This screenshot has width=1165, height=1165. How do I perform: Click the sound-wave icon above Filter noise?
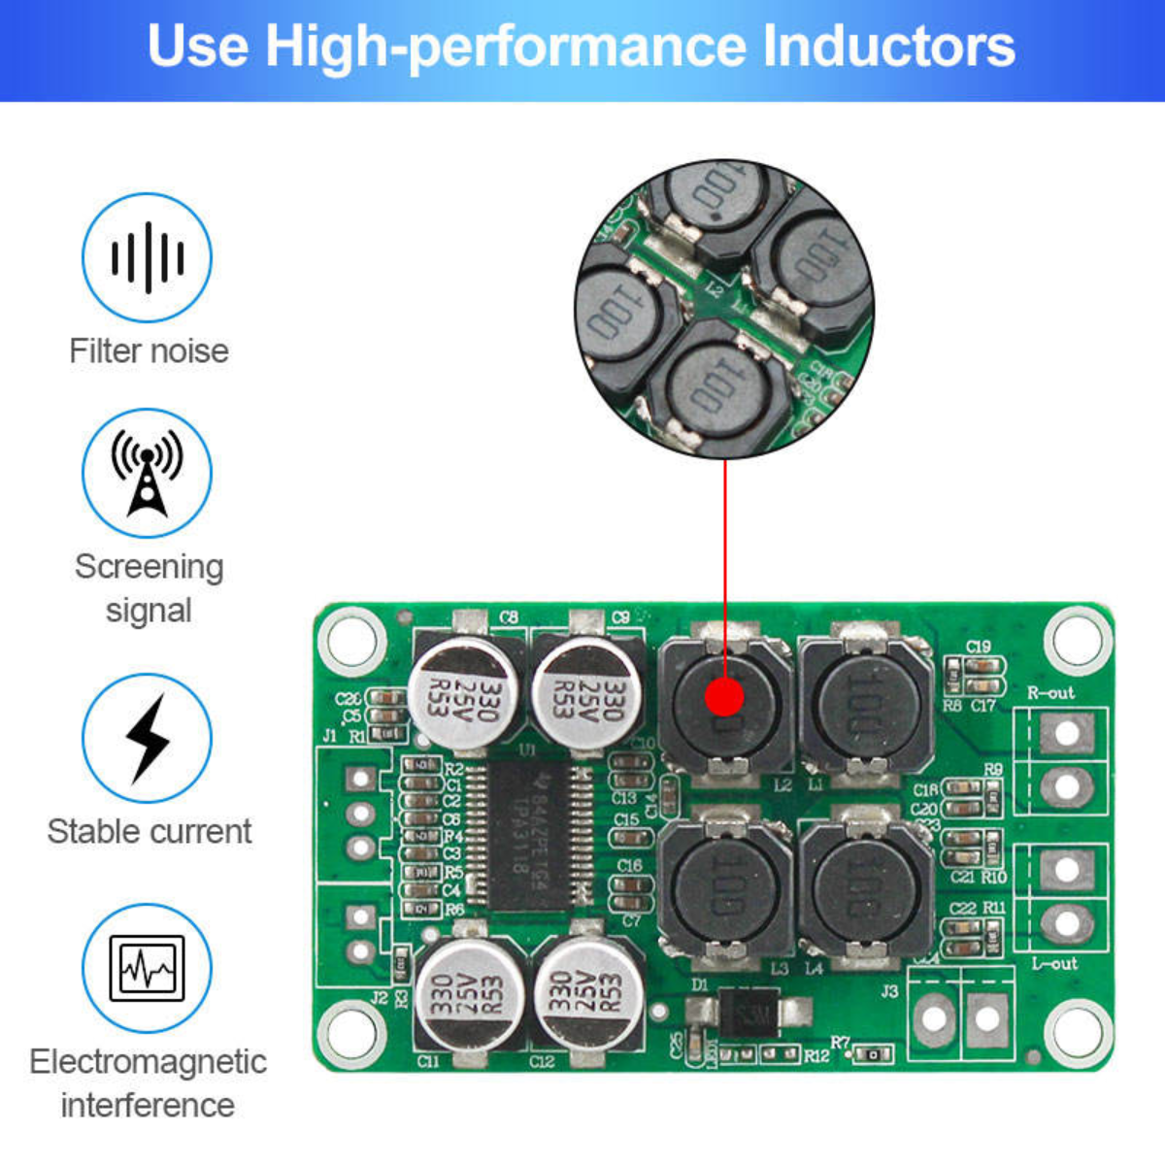[147, 257]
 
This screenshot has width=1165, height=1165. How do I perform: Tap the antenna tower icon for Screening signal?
[147, 474]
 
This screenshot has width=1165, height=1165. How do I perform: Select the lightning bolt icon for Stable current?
[147, 739]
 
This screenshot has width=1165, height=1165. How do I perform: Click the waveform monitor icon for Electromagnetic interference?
[147, 968]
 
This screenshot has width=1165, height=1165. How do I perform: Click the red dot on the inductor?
[724, 697]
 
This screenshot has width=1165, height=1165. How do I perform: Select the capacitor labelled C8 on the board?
[462, 693]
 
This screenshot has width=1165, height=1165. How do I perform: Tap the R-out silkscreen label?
[1051, 693]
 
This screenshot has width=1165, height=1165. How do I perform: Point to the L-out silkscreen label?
[1054, 964]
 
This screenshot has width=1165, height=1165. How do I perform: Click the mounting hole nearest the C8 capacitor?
[351, 640]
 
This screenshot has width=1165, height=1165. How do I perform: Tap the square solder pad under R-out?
[1066, 733]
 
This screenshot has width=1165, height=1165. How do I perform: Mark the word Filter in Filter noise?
[102, 350]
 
